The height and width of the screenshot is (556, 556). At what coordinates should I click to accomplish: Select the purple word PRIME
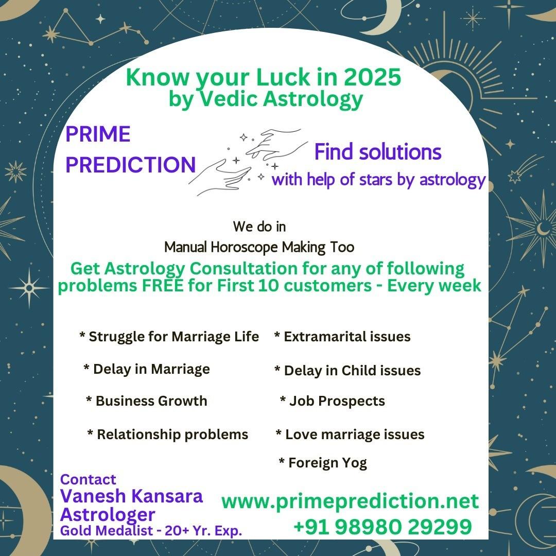[x=98, y=134]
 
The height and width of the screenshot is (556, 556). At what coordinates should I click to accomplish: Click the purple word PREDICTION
[x=131, y=165]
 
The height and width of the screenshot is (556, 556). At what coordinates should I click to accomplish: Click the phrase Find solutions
[x=378, y=152]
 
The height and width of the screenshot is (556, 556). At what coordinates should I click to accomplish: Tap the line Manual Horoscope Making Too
[x=259, y=247]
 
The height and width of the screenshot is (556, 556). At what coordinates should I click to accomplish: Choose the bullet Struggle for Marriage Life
[x=169, y=337]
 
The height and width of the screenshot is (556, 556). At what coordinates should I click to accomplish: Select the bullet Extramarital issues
[x=342, y=337]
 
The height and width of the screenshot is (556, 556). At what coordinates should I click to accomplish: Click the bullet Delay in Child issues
[x=347, y=371]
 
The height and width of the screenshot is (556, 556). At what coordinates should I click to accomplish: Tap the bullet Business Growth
[x=147, y=401]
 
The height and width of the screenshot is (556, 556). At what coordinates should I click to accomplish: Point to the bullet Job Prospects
[x=333, y=401]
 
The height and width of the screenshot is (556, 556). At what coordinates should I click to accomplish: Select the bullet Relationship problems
[x=168, y=435]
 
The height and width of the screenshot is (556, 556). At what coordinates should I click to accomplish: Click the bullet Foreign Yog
[x=323, y=463]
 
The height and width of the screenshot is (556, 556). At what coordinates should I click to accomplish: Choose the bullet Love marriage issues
[x=350, y=435]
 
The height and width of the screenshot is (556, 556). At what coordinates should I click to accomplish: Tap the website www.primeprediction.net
[x=350, y=501]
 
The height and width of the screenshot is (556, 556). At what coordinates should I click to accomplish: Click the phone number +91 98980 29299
[x=383, y=527]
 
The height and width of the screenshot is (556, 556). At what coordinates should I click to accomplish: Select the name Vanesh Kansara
[x=132, y=496]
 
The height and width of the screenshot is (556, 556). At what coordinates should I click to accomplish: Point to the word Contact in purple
[x=88, y=479]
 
